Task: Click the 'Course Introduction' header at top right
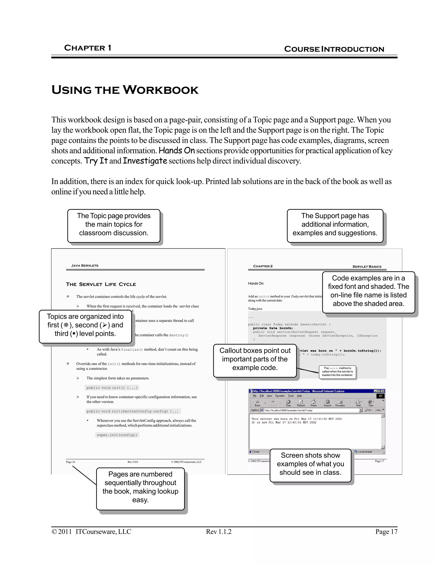[x=334, y=49]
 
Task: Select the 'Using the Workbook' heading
[x=125, y=90]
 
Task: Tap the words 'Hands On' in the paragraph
[x=177, y=151]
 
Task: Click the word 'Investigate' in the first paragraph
[x=145, y=161]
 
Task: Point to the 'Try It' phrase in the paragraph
[x=96, y=161]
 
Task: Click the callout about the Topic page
[x=114, y=225]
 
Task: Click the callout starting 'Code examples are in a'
[x=368, y=291]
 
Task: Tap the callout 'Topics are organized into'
[x=85, y=325]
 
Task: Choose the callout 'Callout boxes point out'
[x=255, y=359]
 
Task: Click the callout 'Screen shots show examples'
[x=310, y=464]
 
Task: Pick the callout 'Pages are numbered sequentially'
[x=140, y=487]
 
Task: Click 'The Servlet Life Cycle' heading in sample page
[x=101, y=284]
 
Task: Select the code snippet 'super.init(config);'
[x=117, y=435]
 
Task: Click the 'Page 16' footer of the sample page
[x=70, y=462]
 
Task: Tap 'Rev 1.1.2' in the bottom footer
[x=218, y=532]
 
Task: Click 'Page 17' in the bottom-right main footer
[x=386, y=532]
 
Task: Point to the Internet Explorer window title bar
[x=310, y=391]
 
